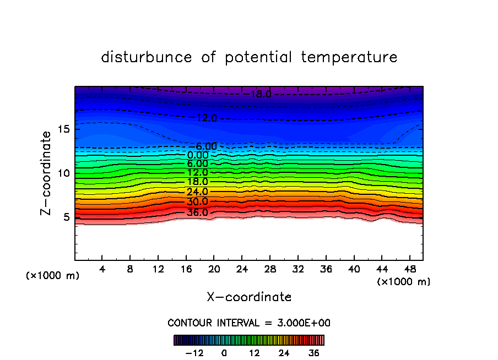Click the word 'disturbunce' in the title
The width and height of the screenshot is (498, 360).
point(147,57)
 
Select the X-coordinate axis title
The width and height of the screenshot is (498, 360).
point(249,297)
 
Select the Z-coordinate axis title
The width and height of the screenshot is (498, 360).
point(47,173)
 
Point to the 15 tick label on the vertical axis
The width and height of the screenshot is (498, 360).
point(64,129)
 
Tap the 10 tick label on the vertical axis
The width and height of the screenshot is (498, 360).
point(64,173)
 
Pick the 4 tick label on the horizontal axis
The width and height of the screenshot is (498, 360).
point(102,269)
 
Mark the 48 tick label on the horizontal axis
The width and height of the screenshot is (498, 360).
point(409,269)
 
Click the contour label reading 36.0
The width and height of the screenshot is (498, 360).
point(197,212)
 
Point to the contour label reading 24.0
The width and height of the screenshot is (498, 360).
point(197,192)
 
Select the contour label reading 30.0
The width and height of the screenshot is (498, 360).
point(197,202)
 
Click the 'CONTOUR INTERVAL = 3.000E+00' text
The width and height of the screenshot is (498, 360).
point(249,323)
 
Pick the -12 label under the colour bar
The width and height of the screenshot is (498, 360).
point(194,353)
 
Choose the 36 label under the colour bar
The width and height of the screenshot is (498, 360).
point(314,353)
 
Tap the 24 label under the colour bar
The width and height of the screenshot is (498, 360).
point(284,353)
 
